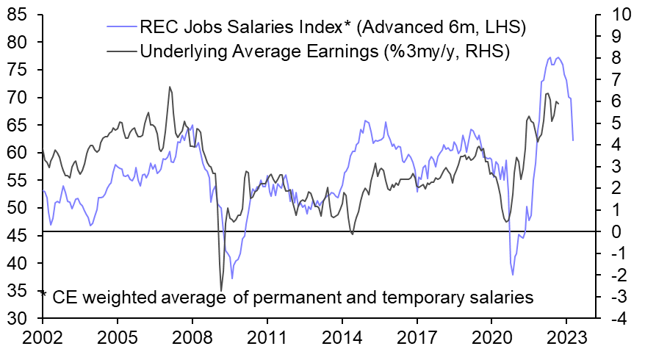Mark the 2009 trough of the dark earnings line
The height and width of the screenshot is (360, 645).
(x=221, y=290)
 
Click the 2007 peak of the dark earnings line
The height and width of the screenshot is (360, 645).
(x=170, y=87)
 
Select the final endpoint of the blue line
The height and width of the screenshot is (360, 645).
(x=573, y=140)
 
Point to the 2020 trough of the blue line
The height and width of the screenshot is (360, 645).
(x=513, y=274)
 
